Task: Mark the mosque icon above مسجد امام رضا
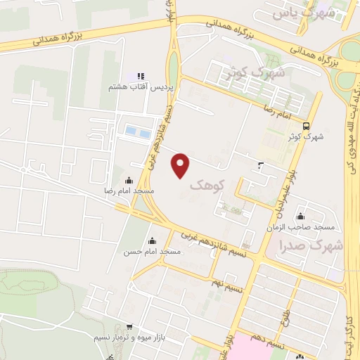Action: pos(128,181)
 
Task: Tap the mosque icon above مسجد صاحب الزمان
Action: pos(301,216)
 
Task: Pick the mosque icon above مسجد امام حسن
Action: pos(152,240)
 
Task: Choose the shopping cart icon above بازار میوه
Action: pos(129,326)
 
